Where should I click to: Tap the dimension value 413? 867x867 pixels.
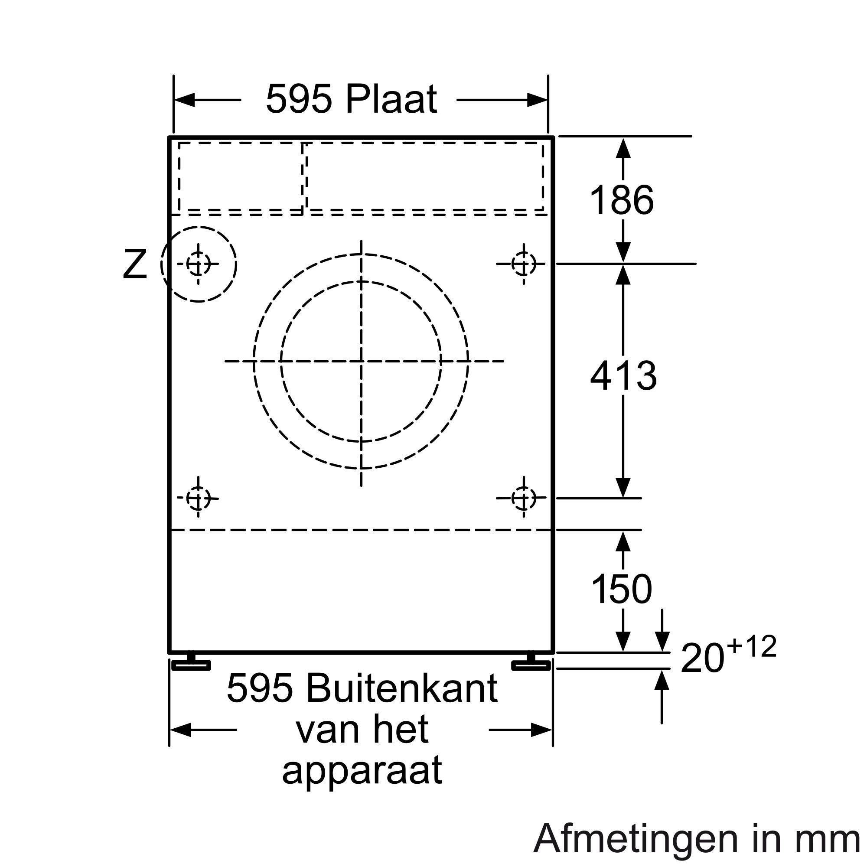623,375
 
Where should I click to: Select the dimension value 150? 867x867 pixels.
622,589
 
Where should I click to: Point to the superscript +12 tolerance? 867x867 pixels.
752,647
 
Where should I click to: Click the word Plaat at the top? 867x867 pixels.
391,99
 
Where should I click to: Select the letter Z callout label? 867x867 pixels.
135,264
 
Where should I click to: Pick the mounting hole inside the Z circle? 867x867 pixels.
198,264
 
